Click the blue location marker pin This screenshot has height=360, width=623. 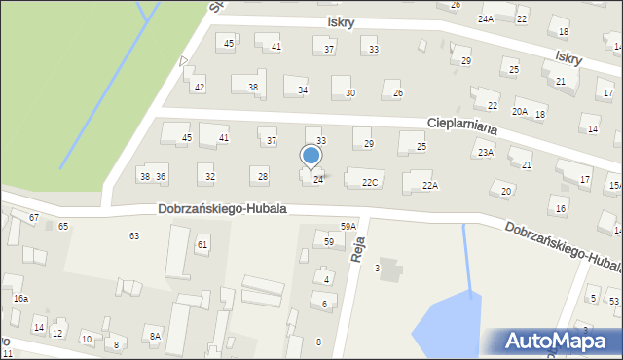[x=311, y=156]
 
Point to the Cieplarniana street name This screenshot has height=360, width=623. [x=462, y=126]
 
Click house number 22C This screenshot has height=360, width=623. [x=370, y=183]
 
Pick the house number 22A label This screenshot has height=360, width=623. [x=430, y=185]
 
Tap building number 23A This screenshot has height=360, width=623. [x=485, y=153]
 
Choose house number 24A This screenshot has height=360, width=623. [x=486, y=18]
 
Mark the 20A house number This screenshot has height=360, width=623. [x=520, y=112]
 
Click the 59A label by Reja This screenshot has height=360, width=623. [x=348, y=227]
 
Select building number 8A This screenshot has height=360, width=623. [x=154, y=336]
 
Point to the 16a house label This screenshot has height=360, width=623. [x=20, y=299]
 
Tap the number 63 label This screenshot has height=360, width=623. [x=134, y=236]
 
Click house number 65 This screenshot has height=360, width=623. [x=63, y=226]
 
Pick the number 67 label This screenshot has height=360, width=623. [x=34, y=217]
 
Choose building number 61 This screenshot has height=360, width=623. [x=202, y=244]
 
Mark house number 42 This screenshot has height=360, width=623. [x=200, y=88]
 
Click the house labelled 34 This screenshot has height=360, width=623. [x=303, y=90]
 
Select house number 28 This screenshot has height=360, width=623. [x=262, y=176]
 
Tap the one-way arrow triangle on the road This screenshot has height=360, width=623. [x=184, y=61]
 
